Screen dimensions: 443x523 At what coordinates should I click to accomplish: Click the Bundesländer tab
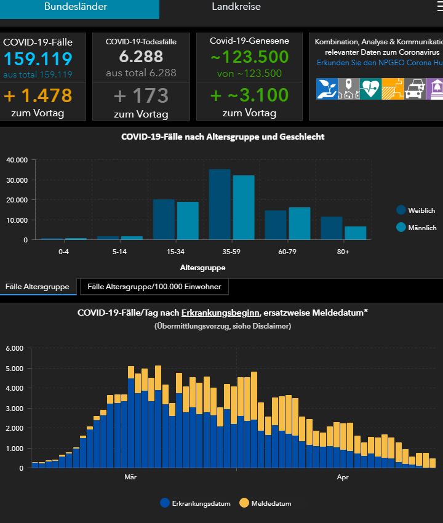(76, 7)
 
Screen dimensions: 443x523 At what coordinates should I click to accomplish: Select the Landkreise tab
(236, 7)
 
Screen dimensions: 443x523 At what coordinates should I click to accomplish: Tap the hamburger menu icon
(440, 6)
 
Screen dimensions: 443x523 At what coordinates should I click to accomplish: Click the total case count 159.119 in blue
(38, 58)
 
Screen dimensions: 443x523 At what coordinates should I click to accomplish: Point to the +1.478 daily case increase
(38, 95)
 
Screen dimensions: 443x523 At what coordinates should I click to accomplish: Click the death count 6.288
(141, 57)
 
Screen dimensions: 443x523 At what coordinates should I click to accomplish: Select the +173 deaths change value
(141, 95)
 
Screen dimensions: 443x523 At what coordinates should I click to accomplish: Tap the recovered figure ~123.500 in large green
(250, 57)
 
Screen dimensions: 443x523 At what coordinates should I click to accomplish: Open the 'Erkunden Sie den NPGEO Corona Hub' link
(380, 63)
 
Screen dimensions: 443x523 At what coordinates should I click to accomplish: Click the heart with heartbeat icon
(370, 89)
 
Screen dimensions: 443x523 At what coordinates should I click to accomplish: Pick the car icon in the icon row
(415, 89)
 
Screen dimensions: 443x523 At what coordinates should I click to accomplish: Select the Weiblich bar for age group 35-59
(220, 204)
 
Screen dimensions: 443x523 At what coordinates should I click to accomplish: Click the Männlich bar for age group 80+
(355, 233)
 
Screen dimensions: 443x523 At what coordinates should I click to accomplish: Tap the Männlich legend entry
(417, 228)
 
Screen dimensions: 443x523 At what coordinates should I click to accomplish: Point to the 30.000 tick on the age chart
(17, 180)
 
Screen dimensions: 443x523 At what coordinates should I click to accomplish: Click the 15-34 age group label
(175, 252)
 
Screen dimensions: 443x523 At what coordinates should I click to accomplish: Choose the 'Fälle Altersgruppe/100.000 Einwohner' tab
(154, 287)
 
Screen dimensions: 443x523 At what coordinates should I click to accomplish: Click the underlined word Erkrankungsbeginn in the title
(220, 313)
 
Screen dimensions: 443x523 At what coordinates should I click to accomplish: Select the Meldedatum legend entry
(266, 503)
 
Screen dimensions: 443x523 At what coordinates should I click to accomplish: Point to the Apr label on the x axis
(343, 477)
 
